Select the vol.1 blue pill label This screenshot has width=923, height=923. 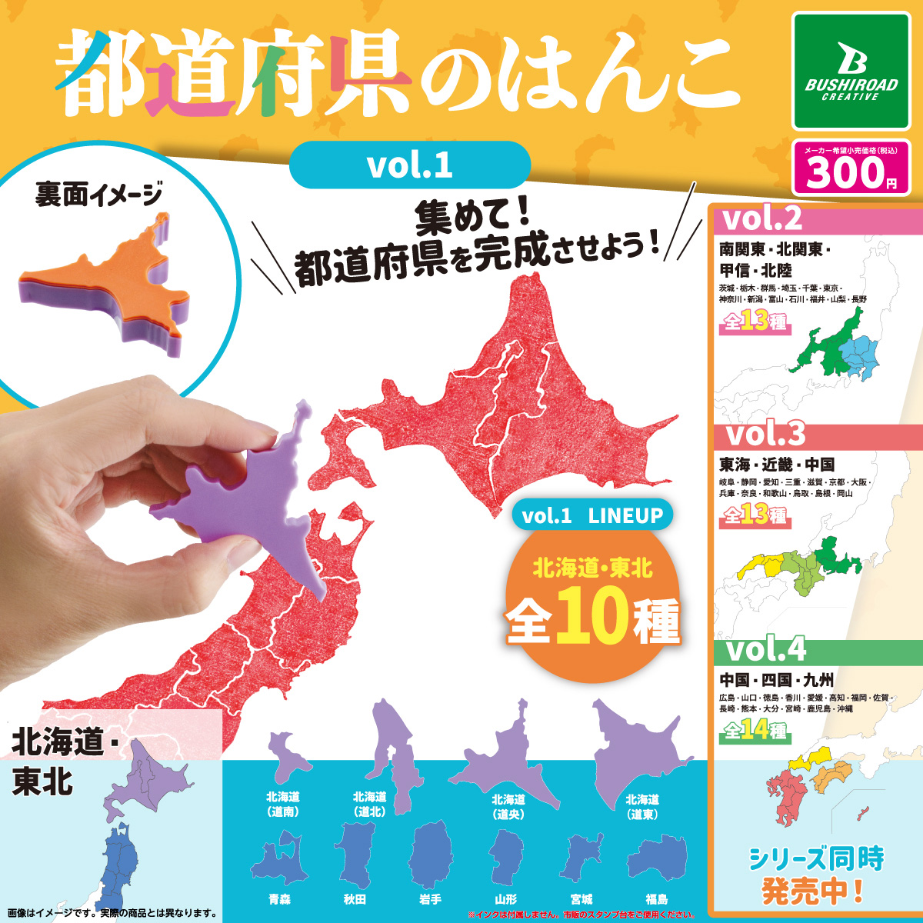[x=409, y=165]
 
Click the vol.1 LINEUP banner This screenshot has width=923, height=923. [x=592, y=516]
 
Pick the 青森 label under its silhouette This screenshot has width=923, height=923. [x=280, y=898]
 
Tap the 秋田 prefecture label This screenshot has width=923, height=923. [x=355, y=898]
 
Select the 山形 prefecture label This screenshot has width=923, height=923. [x=506, y=898]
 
